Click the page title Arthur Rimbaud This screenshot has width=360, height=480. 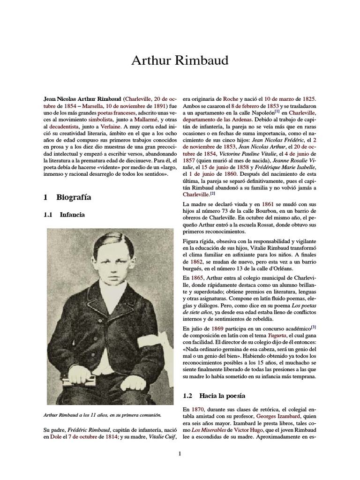180,60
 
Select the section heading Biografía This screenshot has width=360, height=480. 74,197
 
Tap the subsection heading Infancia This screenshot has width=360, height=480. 72,215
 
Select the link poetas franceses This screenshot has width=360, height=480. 115,113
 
